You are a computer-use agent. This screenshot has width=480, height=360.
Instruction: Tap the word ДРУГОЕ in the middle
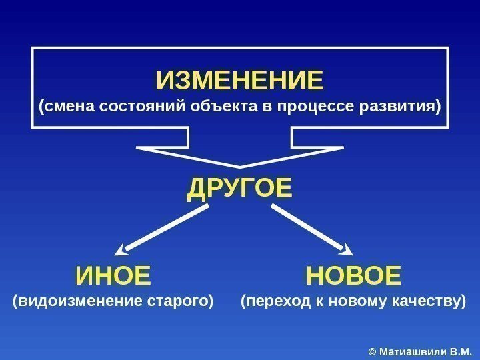click(240, 188)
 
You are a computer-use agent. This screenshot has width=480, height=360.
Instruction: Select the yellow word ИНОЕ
click(113, 275)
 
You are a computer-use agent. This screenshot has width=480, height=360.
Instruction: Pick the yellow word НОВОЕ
click(353, 275)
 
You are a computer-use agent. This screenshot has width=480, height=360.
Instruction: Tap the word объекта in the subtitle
click(224, 107)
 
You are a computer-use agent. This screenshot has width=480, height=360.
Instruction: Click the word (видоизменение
click(75, 301)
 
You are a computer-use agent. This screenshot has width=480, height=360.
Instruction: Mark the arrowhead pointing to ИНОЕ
click(123, 250)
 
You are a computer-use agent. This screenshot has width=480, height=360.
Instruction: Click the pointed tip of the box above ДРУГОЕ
click(240, 166)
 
